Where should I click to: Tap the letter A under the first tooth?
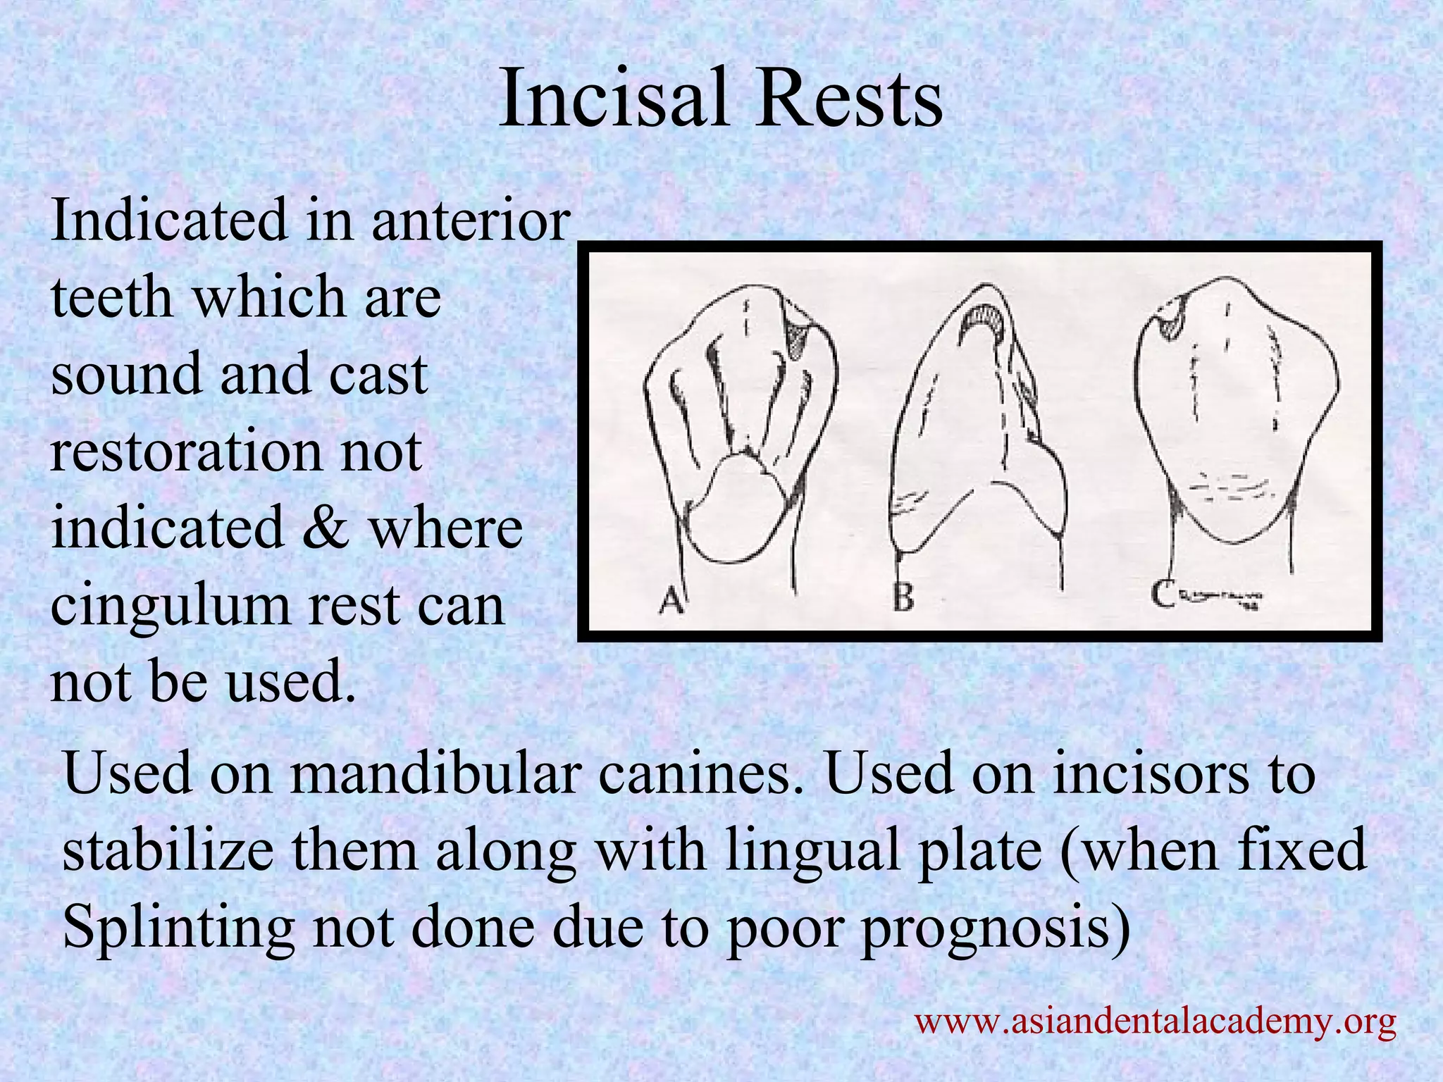[671, 600]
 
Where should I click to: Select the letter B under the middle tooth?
[903, 598]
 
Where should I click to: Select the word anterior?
[470, 220]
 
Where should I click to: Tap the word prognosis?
[993, 927]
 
